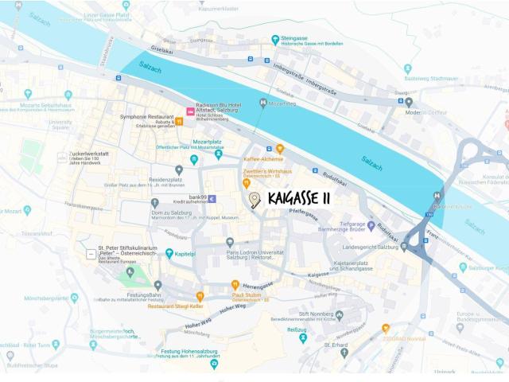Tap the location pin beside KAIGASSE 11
click(x=253, y=199)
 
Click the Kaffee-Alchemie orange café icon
click(x=279, y=148)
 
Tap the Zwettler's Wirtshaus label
click(x=267, y=170)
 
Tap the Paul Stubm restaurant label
click(x=247, y=294)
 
